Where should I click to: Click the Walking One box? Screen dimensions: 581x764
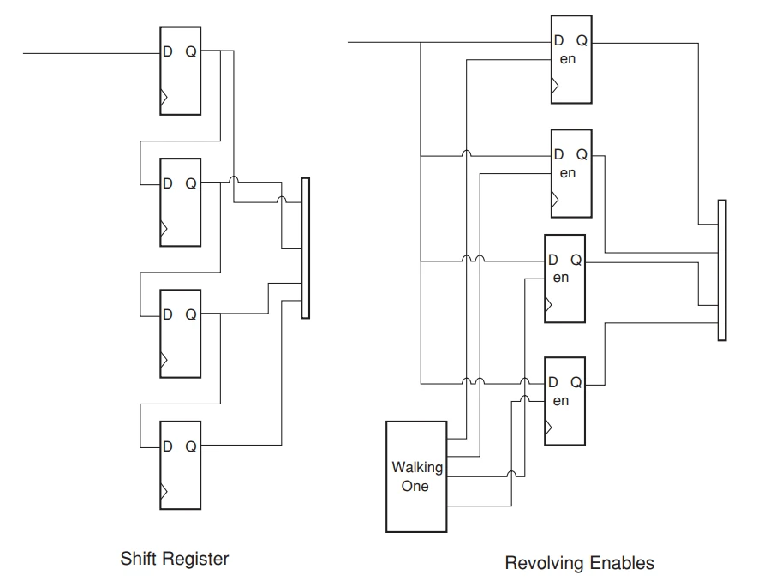(416, 476)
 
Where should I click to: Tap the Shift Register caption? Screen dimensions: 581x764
(176, 559)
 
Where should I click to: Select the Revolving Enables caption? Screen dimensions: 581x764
(579, 563)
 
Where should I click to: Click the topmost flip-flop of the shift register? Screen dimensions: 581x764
(180, 69)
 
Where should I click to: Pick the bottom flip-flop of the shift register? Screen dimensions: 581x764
(180, 464)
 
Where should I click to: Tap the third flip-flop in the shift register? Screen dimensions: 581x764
(180, 332)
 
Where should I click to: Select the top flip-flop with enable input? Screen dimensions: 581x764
(571, 61)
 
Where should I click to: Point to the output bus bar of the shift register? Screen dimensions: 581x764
(306, 249)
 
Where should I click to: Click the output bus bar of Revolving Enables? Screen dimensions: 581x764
(721, 270)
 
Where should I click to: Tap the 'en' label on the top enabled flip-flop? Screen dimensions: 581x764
(567, 57)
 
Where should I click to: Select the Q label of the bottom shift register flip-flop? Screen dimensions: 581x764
(191, 446)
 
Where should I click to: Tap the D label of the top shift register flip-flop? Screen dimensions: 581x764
(168, 52)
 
